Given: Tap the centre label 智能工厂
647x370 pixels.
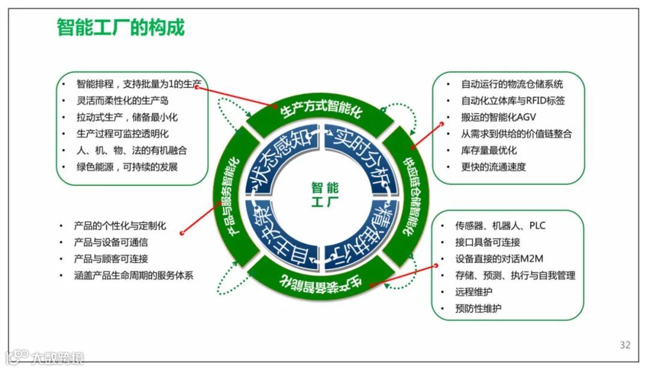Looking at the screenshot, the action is pos(325,195).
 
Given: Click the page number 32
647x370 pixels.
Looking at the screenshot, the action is pos(625,345).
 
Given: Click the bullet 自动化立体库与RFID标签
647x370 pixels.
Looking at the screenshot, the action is pos(513,101).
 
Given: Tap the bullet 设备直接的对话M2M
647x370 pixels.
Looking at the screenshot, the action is pos(499,259).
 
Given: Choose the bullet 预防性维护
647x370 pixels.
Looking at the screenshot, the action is pos(478,309).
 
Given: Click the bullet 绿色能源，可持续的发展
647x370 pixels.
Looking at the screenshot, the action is pos(127,167).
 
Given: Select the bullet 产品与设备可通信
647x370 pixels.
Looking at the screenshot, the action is pos(111,242).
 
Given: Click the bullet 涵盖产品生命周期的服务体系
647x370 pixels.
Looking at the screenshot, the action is pos(134,275).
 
